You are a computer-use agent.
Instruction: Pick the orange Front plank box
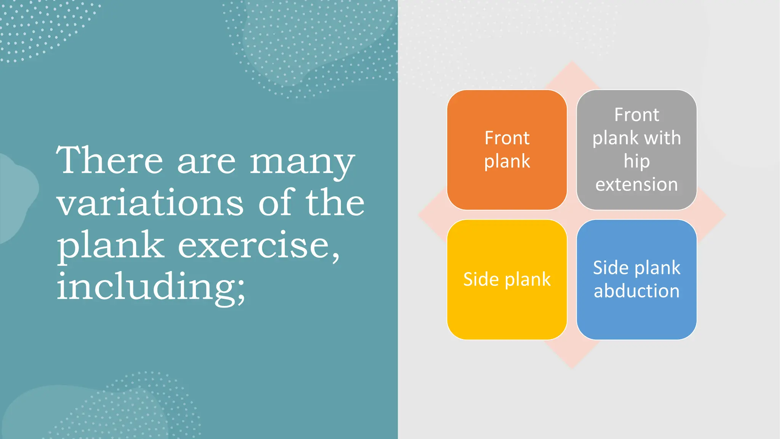(x=507, y=150)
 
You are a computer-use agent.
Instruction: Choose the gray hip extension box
(x=636, y=150)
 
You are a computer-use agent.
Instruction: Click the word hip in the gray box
(x=636, y=162)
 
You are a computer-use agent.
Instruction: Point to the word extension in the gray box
(x=636, y=184)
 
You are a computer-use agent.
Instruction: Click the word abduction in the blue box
(x=636, y=291)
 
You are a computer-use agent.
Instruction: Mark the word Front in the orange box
(x=507, y=138)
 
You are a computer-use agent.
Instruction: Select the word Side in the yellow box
(x=481, y=279)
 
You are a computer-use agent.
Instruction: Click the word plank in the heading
(x=110, y=246)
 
